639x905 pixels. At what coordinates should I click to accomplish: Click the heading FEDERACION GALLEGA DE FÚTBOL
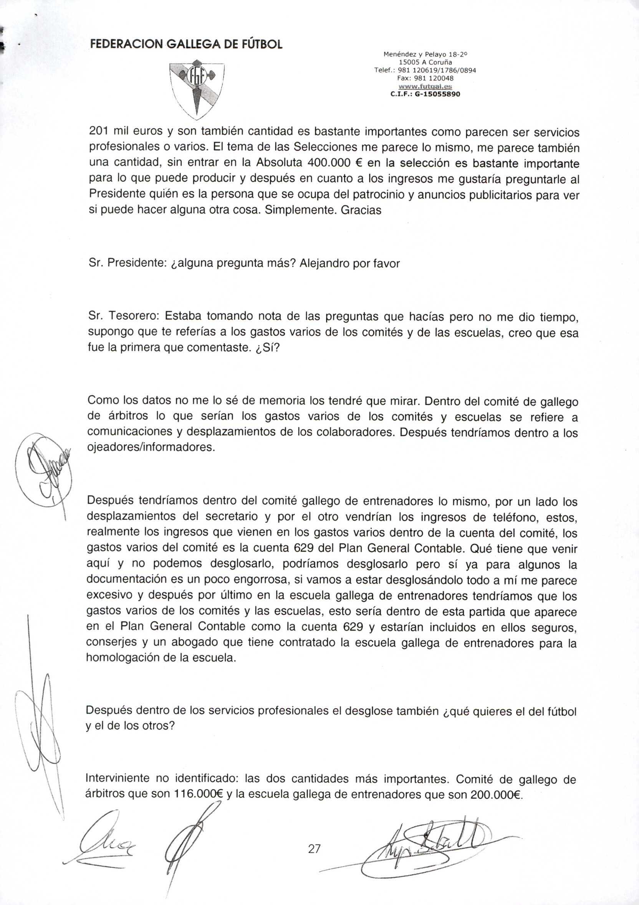(x=186, y=44)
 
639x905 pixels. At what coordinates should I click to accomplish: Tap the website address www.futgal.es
(x=425, y=86)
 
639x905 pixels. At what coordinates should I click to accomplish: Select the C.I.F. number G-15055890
(x=425, y=94)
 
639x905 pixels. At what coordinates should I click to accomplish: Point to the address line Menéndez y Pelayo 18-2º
(x=425, y=54)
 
